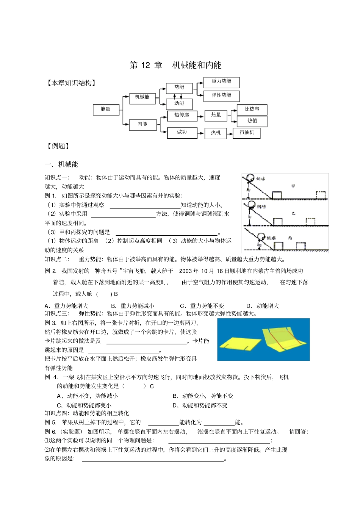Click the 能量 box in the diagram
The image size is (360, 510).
[x=106, y=110]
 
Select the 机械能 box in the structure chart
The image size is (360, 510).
[x=142, y=97]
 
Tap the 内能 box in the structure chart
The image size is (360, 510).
[x=142, y=124]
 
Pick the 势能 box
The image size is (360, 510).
[x=179, y=88]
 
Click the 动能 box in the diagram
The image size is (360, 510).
[x=179, y=103]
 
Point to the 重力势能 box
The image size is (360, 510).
[x=221, y=81]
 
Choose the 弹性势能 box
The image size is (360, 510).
[x=221, y=95]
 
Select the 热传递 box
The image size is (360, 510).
[x=182, y=115]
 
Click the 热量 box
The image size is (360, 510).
[x=216, y=115]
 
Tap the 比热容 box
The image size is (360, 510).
[x=252, y=110]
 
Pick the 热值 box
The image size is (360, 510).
[x=252, y=121]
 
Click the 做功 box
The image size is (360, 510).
[x=182, y=132]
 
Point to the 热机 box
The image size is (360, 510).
[x=216, y=133]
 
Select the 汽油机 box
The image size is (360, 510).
[x=247, y=133]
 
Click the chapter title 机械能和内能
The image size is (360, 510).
[x=197, y=65]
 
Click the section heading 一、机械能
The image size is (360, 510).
[x=61, y=164]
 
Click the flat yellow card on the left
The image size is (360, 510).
[x=238, y=343]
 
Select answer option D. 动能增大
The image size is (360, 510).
[x=263, y=306]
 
